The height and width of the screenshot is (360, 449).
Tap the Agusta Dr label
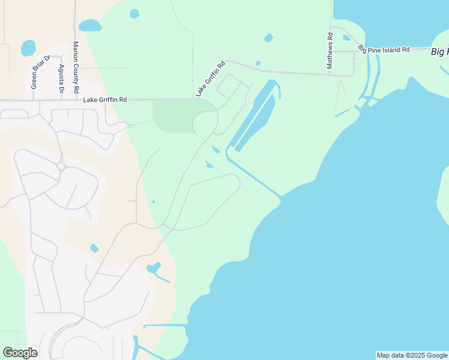tap(61, 79)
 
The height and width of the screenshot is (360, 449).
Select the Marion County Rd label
tap(76, 67)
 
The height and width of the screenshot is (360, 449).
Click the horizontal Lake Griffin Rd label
tap(105, 99)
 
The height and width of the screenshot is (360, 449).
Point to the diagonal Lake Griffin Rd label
tap(209, 79)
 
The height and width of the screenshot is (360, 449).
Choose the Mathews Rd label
tap(330, 50)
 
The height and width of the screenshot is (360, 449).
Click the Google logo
tap(20, 353)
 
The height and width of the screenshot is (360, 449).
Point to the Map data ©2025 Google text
tap(412, 355)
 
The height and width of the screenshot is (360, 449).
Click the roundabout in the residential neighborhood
tap(61, 166)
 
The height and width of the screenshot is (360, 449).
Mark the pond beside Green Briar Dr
tap(28, 48)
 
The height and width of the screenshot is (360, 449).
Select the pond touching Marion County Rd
tap(90, 25)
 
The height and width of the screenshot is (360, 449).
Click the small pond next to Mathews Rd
tap(346, 37)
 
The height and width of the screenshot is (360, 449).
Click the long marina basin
tap(255, 117)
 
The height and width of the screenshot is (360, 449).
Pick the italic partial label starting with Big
tap(439, 52)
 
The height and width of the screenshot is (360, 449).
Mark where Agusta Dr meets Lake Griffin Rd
tap(61, 100)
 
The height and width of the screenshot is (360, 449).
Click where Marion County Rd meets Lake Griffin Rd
tap(76, 100)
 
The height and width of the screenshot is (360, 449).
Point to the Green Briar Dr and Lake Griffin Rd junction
tap(32, 100)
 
